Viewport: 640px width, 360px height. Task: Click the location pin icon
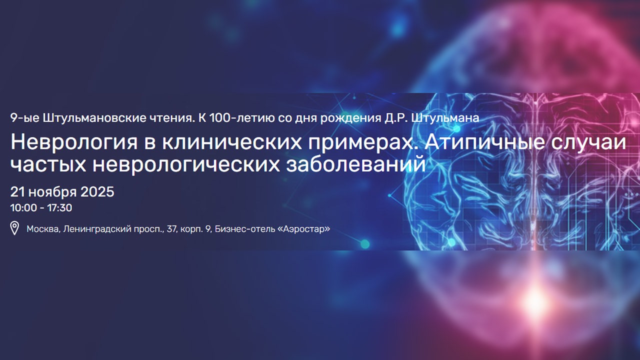point(15,229)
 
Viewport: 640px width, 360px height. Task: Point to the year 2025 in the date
point(97,192)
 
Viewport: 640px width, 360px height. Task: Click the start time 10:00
point(23,207)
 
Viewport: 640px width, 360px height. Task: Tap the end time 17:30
point(59,207)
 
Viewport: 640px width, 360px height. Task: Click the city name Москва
point(43,229)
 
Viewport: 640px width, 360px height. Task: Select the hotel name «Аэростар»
point(305,229)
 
